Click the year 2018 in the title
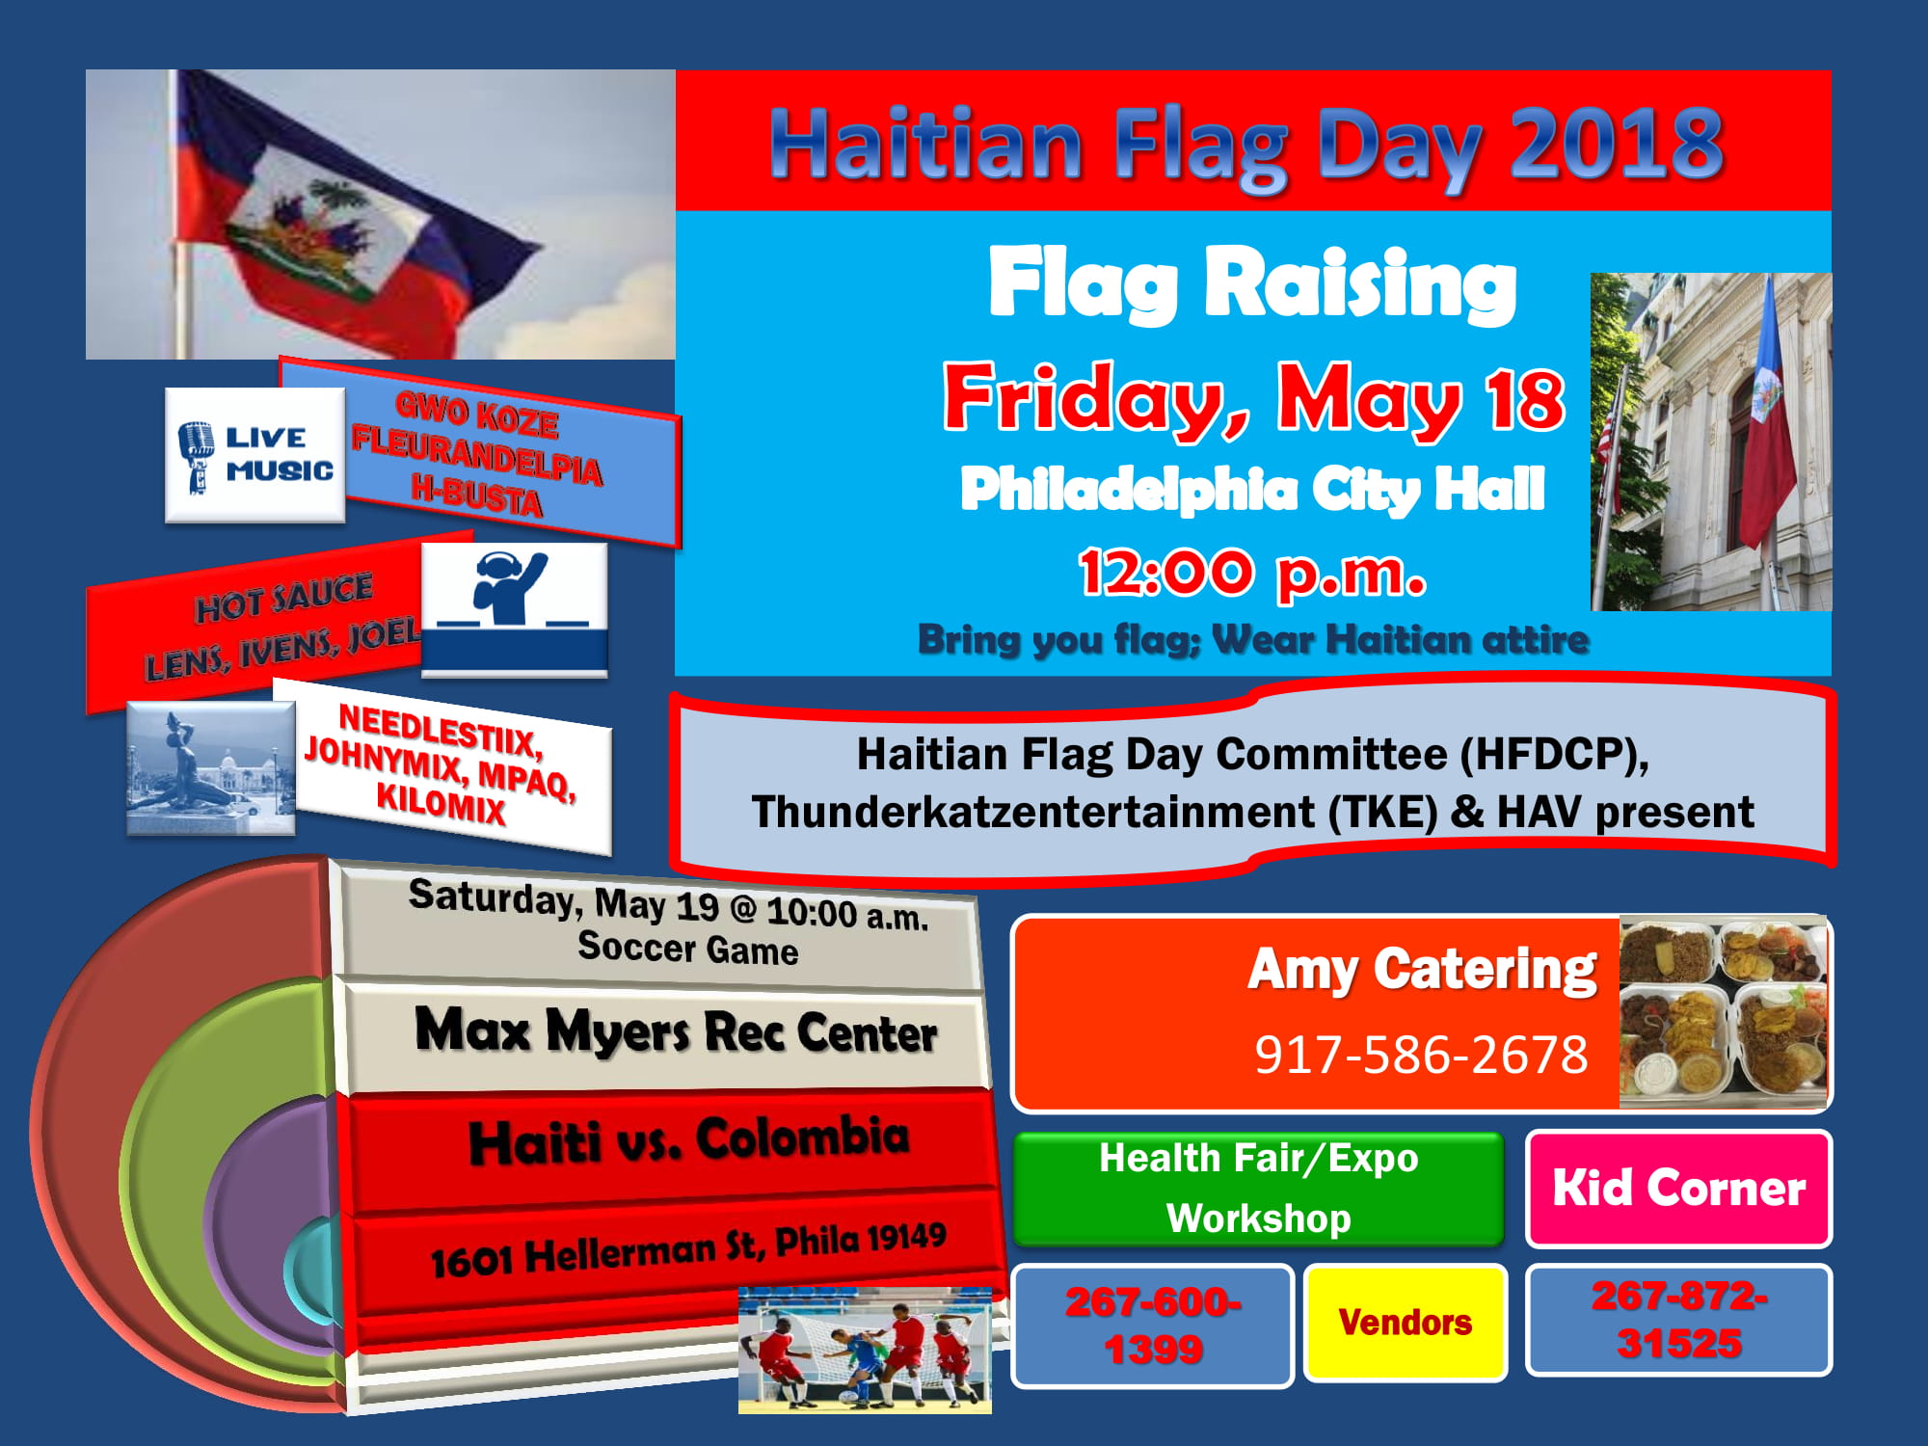coord(1617,144)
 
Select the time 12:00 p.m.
coord(1251,573)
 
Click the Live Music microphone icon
coord(197,456)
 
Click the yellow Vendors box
coord(1405,1323)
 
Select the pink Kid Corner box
coord(1678,1188)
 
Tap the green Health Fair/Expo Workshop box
coord(1258,1189)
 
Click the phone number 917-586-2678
coord(1421,1054)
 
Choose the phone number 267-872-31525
coord(1678,1320)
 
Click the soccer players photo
coord(865,1350)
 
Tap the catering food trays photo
coord(1724,1011)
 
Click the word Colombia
coord(802,1137)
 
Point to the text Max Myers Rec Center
coord(676,1031)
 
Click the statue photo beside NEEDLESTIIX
coord(210,768)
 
